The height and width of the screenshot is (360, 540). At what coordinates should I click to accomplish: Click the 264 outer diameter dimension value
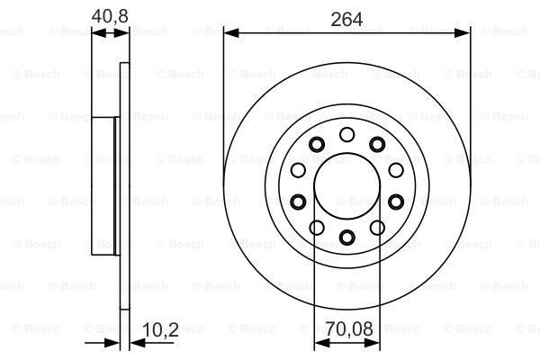(x=346, y=19)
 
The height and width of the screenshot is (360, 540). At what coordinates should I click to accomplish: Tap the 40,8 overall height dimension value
(x=110, y=16)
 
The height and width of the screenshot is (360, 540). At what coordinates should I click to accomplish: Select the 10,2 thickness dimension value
(x=160, y=329)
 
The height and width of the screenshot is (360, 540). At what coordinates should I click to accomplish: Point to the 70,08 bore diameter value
(x=349, y=328)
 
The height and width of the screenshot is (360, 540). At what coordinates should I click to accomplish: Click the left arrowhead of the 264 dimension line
(x=231, y=33)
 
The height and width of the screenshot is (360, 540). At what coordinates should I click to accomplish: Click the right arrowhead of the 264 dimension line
(x=463, y=33)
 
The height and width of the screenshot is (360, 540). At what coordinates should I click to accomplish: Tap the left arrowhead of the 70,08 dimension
(x=322, y=342)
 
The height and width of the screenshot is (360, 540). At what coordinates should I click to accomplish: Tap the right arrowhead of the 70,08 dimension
(x=372, y=342)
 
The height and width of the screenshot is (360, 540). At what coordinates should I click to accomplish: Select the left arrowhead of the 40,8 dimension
(x=99, y=33)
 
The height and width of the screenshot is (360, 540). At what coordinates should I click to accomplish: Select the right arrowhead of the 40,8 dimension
(x=121, y=33)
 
